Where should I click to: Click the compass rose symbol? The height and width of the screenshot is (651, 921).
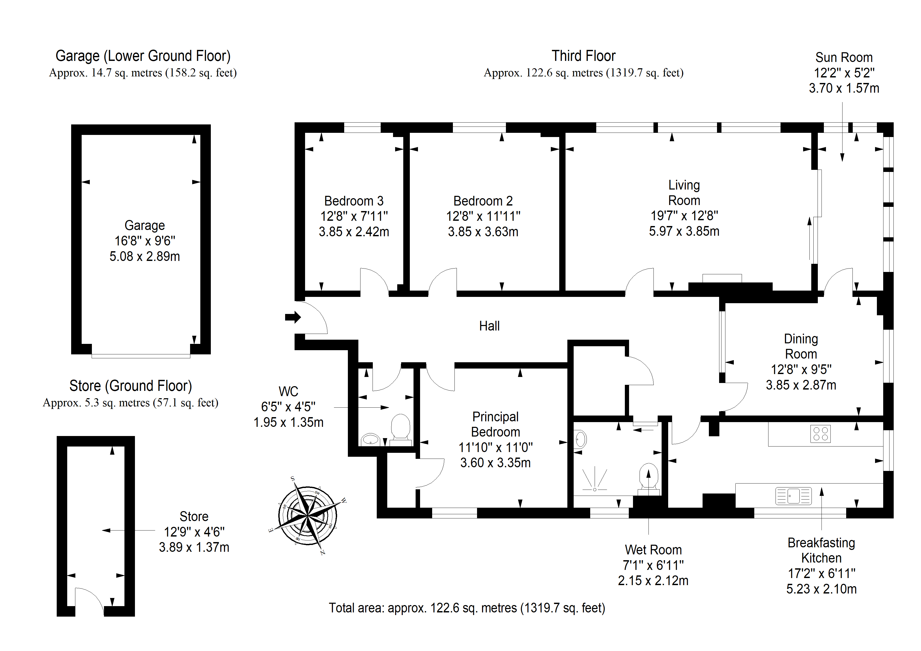coord(308,516)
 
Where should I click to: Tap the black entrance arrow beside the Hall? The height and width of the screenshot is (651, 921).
coord(293,317)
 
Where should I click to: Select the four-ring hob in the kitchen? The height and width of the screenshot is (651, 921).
coord(820,434)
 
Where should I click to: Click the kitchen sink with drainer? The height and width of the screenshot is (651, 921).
coord(793,496)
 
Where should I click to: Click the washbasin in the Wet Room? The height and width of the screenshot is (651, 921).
coord(580,439)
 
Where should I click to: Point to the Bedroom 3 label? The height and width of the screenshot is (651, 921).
coord(354,201)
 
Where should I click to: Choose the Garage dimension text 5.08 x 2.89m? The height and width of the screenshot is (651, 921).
coord(145,256)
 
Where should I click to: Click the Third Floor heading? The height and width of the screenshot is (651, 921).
coord(583,56)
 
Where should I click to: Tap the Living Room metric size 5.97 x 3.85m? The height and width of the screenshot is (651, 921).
coord(684,231)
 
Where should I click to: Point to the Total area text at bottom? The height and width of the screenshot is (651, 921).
coord(467,608)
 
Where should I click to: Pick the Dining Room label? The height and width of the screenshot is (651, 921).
coord(801,346)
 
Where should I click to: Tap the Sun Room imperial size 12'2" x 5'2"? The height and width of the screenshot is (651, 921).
coord(844,73)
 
